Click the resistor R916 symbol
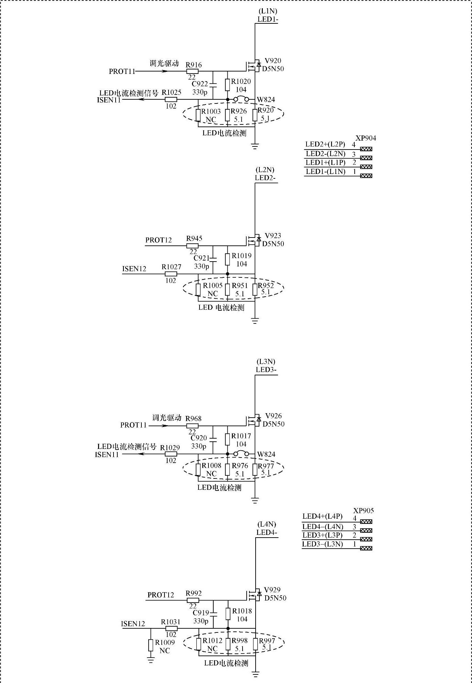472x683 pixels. [192, 71]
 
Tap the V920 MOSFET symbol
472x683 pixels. [254, 65]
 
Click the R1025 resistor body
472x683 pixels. [171, 100]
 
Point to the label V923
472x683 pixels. [273, 236]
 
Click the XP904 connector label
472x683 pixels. [366, 138]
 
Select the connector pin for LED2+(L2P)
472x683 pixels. [366, 149]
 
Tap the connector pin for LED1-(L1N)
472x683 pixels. [366, 176]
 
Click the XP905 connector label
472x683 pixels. [364, 511]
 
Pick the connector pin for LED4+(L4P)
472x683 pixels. [366, 522]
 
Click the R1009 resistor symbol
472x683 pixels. [151, 645]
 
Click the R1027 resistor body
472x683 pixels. [171, 274]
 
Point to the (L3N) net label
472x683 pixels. [266, 362]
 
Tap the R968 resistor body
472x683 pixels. [192, 426]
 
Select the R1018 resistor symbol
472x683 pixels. [228, 614]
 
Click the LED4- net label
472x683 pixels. [267, 533]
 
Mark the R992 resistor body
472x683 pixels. [193, 601]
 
